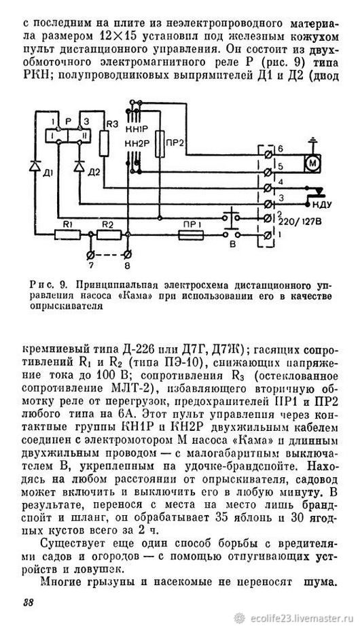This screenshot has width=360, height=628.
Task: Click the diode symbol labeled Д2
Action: point(79,165)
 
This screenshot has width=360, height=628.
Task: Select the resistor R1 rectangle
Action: point(67,234)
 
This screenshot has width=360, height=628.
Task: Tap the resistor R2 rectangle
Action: point(108,234)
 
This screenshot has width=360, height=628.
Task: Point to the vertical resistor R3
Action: point(104,143)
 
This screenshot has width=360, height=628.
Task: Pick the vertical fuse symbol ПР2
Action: point(160,144)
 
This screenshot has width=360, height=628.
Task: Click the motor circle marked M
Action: point(312,163)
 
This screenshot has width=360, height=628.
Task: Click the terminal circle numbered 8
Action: point(127,254)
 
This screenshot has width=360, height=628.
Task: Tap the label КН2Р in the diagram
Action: point(137,143)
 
